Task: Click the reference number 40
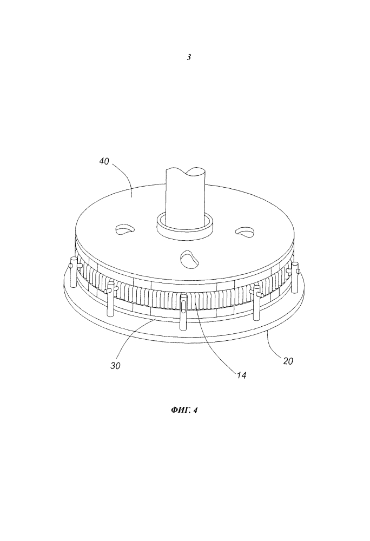tap(104, 161)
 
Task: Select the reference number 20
tap(288, 361)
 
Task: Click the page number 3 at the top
tap(189, 58)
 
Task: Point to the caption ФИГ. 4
tap(184, 410)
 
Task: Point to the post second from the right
tap(257, 301)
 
